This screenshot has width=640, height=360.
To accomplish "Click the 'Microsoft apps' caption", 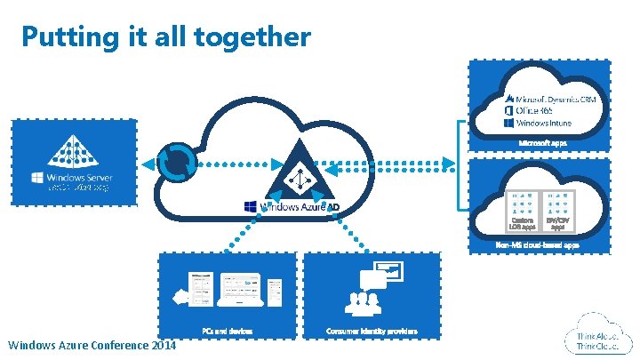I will [543, 142].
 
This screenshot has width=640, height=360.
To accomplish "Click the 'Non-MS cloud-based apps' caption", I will [538, 244].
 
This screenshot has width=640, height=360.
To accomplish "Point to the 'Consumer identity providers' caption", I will [372, 331].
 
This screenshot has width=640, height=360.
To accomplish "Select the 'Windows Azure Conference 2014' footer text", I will [92, 345].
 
